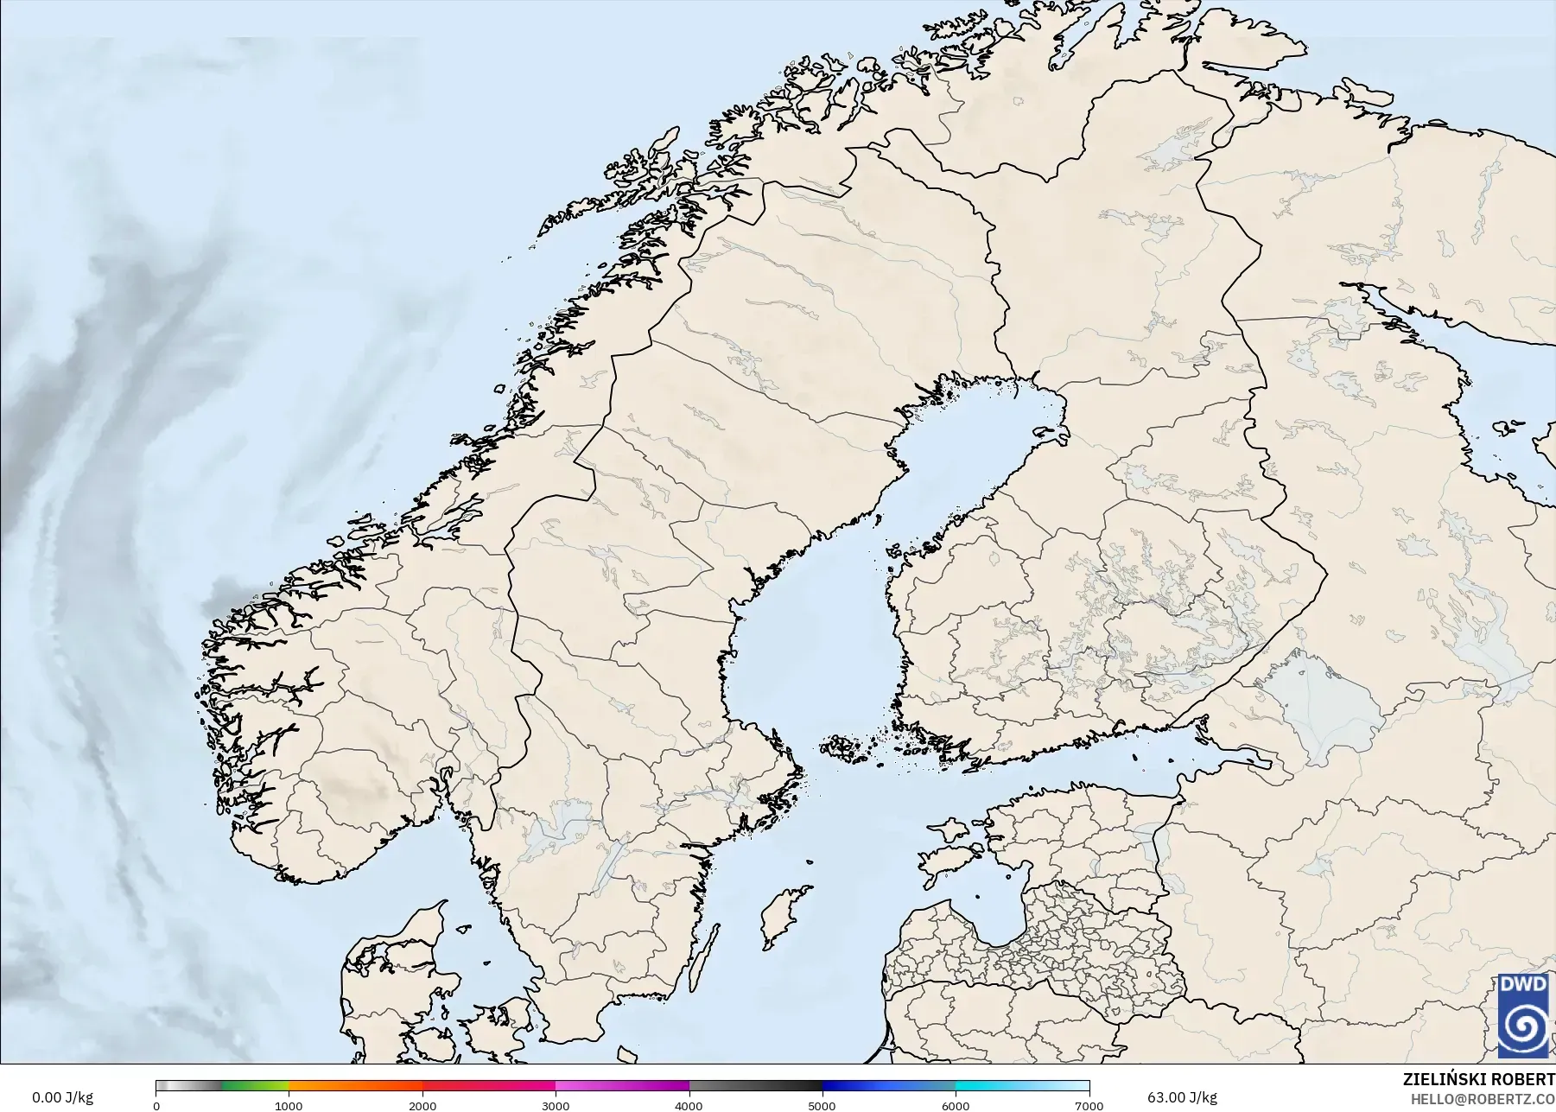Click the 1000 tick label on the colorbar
[x=289, y=1106]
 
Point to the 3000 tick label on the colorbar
[x=556, y=1106]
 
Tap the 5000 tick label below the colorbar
[x=822, y=1106]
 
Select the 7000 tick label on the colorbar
[x=1089, y=1106]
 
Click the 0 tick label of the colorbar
[x=156, y=1106]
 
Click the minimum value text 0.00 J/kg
[x=62, y=1097]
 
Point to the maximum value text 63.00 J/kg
[x=1182, y=1097]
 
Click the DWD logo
[x=1523, y=1015]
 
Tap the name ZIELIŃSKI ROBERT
[x=1478, y=1080]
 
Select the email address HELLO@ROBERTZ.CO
[x=1483, y=1100]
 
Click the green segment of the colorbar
[x=255, y=1086]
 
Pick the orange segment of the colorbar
[x=354, y=1086]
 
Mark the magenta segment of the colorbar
[x=622, y=1086]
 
